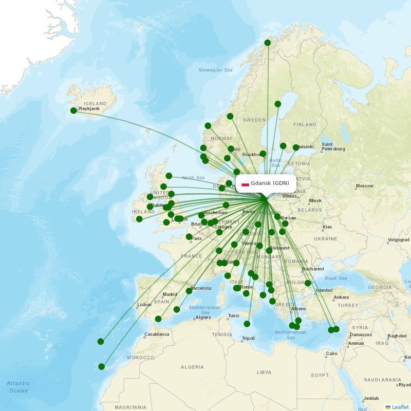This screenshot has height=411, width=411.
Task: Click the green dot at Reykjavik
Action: [x=73, y=110]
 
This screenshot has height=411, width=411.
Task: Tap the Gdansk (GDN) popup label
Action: [x=270, y=183]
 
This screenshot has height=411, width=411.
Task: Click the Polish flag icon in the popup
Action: [x=245, y=183]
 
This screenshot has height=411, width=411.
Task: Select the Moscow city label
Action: [x=365, y=186]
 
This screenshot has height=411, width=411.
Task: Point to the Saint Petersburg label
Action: [x=333, y=147]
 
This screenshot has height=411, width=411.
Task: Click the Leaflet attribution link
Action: [x=400, y=407]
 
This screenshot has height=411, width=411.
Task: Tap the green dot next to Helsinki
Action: [x=296, y=147]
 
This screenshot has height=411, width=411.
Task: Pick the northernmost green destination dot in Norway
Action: [x=268, y=43]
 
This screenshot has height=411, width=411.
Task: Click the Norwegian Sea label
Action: [x=216, y=70]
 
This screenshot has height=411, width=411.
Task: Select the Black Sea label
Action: [x=337, y=278]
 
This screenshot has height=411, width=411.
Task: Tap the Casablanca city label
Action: [x=157, y=334]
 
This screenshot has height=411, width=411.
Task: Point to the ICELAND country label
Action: [x=95, y=103]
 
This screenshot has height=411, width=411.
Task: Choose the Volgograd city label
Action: [x=398, y=239]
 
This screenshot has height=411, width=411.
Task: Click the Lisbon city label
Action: [x=144, y=305]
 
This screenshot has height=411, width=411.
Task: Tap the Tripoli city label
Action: [x=248, y=338]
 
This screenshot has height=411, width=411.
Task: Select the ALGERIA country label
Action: [x=192, y=367]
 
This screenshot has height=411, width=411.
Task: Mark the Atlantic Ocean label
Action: [x=18, y=387]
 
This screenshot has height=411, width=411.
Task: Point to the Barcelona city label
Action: [x=201, y=288]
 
